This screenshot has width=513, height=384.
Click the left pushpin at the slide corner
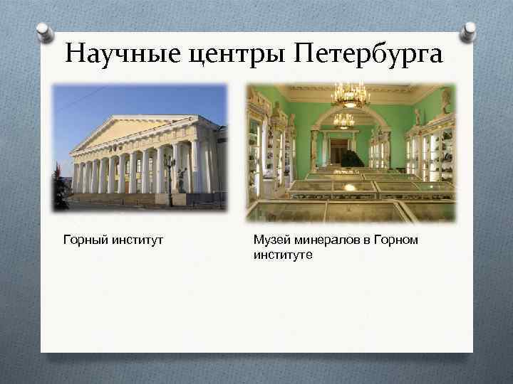click(x=45, y=31)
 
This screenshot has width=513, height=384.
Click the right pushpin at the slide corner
click(x=468, y=31)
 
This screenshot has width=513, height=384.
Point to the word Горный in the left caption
click(x=83, y=240)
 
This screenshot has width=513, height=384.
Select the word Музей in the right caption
click(x=270, y=240)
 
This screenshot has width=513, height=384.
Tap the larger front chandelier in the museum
click(x=349, y=95)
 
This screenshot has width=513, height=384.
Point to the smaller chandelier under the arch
click(x=344, y=119)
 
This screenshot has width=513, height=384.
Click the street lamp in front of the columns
click(x=170, y=174)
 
